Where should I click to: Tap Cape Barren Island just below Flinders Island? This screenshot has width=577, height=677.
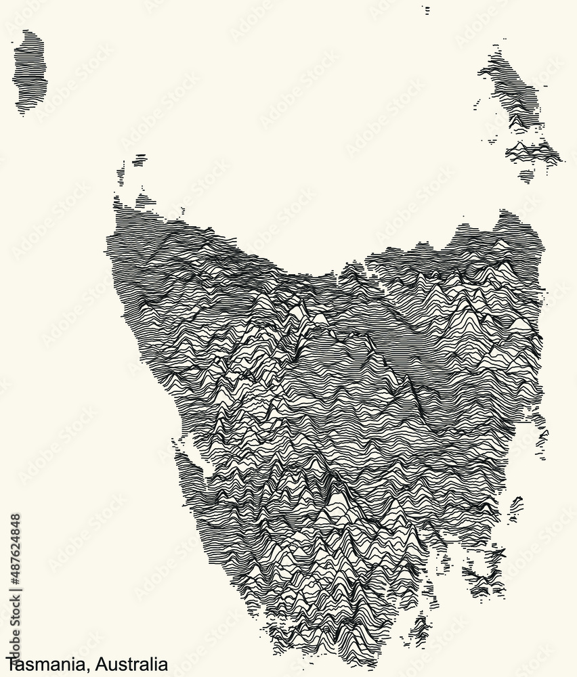532,152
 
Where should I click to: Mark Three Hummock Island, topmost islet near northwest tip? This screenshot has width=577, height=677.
140,160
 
